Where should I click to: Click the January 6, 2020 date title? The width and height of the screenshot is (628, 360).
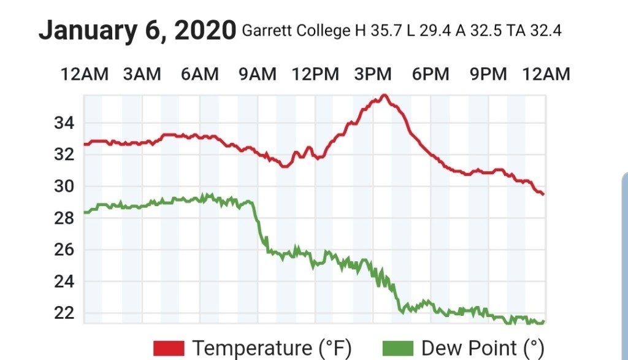[137, 30]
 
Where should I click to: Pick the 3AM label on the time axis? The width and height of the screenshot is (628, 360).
[142, 75]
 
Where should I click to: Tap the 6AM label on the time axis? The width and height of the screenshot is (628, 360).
[199, 75]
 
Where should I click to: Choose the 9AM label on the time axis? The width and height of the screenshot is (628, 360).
[257, 75]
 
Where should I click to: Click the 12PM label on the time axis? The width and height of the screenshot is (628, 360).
[315, 75]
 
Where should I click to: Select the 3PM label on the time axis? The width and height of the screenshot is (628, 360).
[373, 75]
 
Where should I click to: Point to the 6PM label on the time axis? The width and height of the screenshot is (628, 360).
[431, 75]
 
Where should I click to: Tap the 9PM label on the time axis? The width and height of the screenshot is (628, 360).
[488, 75]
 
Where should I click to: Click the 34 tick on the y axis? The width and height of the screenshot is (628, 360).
[64, 123]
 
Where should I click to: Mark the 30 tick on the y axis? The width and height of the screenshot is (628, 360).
[64, 186]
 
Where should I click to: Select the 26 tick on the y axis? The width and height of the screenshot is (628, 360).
[64, 250]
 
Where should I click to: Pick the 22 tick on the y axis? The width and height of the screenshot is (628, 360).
[64, 313]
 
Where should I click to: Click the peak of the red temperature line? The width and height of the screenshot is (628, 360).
[385, 95]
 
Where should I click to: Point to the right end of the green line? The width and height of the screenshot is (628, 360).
[543, 321]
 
